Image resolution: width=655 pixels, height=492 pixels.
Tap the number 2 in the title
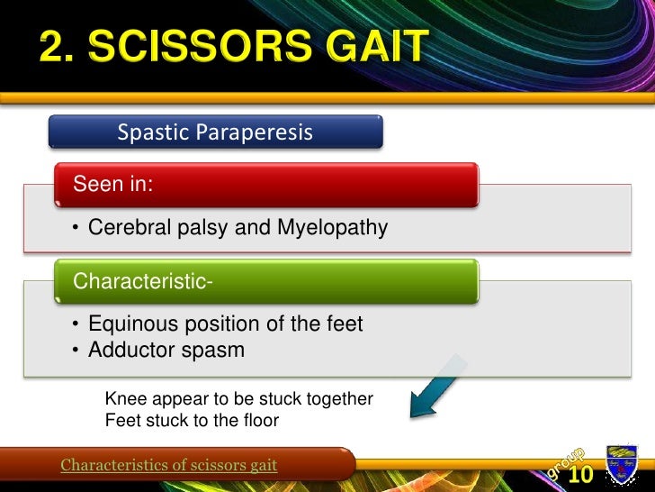[x=54, y=48]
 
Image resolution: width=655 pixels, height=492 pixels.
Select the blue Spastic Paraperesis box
[x=215, y=132]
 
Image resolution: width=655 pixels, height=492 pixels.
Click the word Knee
[x=124, y=398]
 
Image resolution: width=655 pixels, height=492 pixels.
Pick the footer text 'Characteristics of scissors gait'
[x=168, y=465]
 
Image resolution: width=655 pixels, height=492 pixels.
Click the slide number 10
[x=580, y=475]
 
